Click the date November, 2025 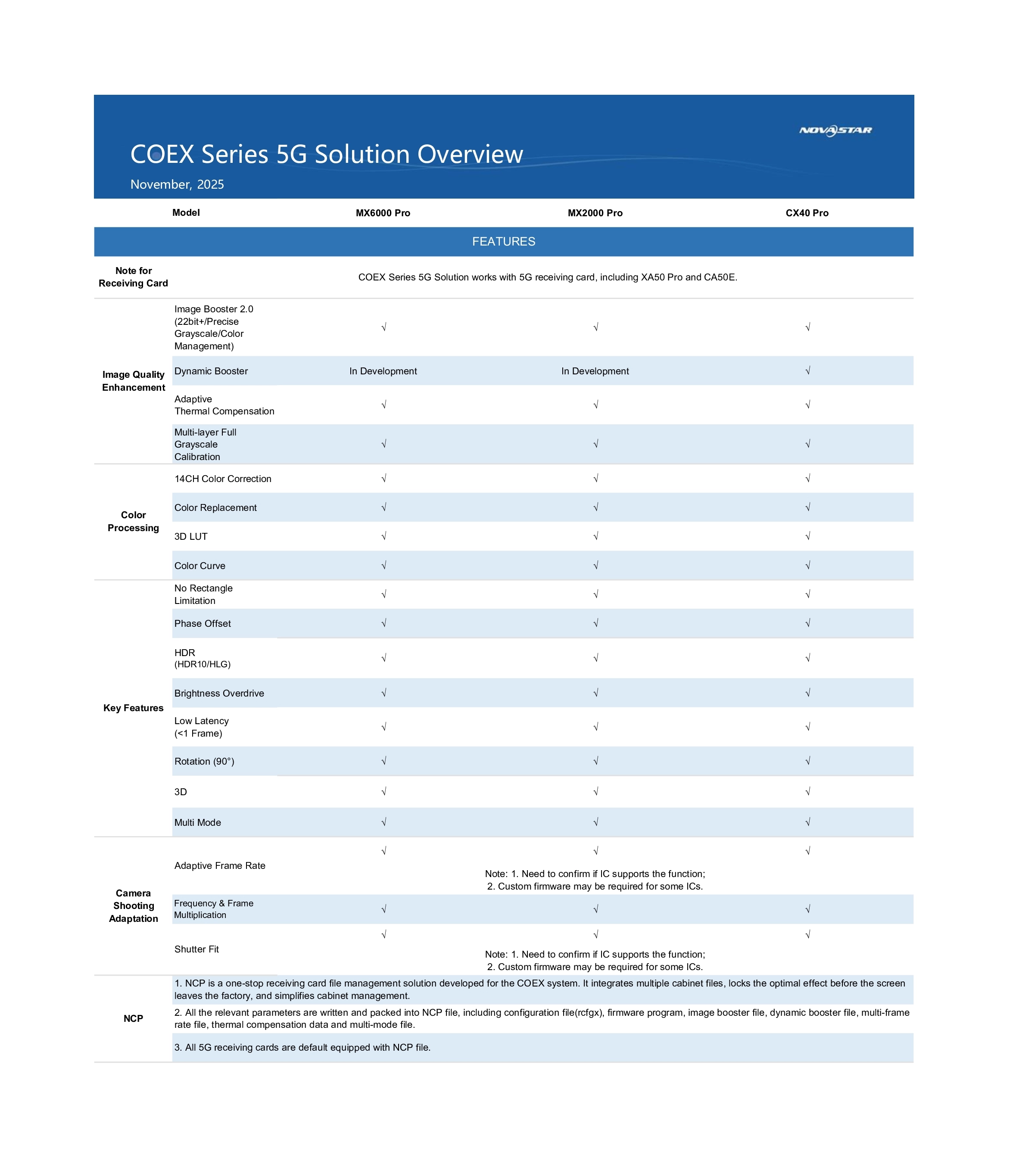pyautogui.click(x=177, y=184)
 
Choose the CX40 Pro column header pyautogui.click(x=807, y=213)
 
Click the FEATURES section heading pyautogui.click(x=503, y=242)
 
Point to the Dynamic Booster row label pyautogui.click(x=211, y=371)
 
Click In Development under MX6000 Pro pyautogui.click(x=383, y=371)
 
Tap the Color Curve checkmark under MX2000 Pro pyautogui.click(x=595, y=566)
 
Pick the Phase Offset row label pyautogui.click(x=203, y=623)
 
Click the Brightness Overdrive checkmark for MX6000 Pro pyautogui.click(x=383, y=693)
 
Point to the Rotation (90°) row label pyautogui.click(x=204, y=761)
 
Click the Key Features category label pyautogui.click(x=134, y=708)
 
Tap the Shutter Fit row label pyautogui.click(x=196, y=949)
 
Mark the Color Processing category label pyautogui.click(x=134, y=522)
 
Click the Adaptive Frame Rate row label pyautogui.click(x=220, y=865)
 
